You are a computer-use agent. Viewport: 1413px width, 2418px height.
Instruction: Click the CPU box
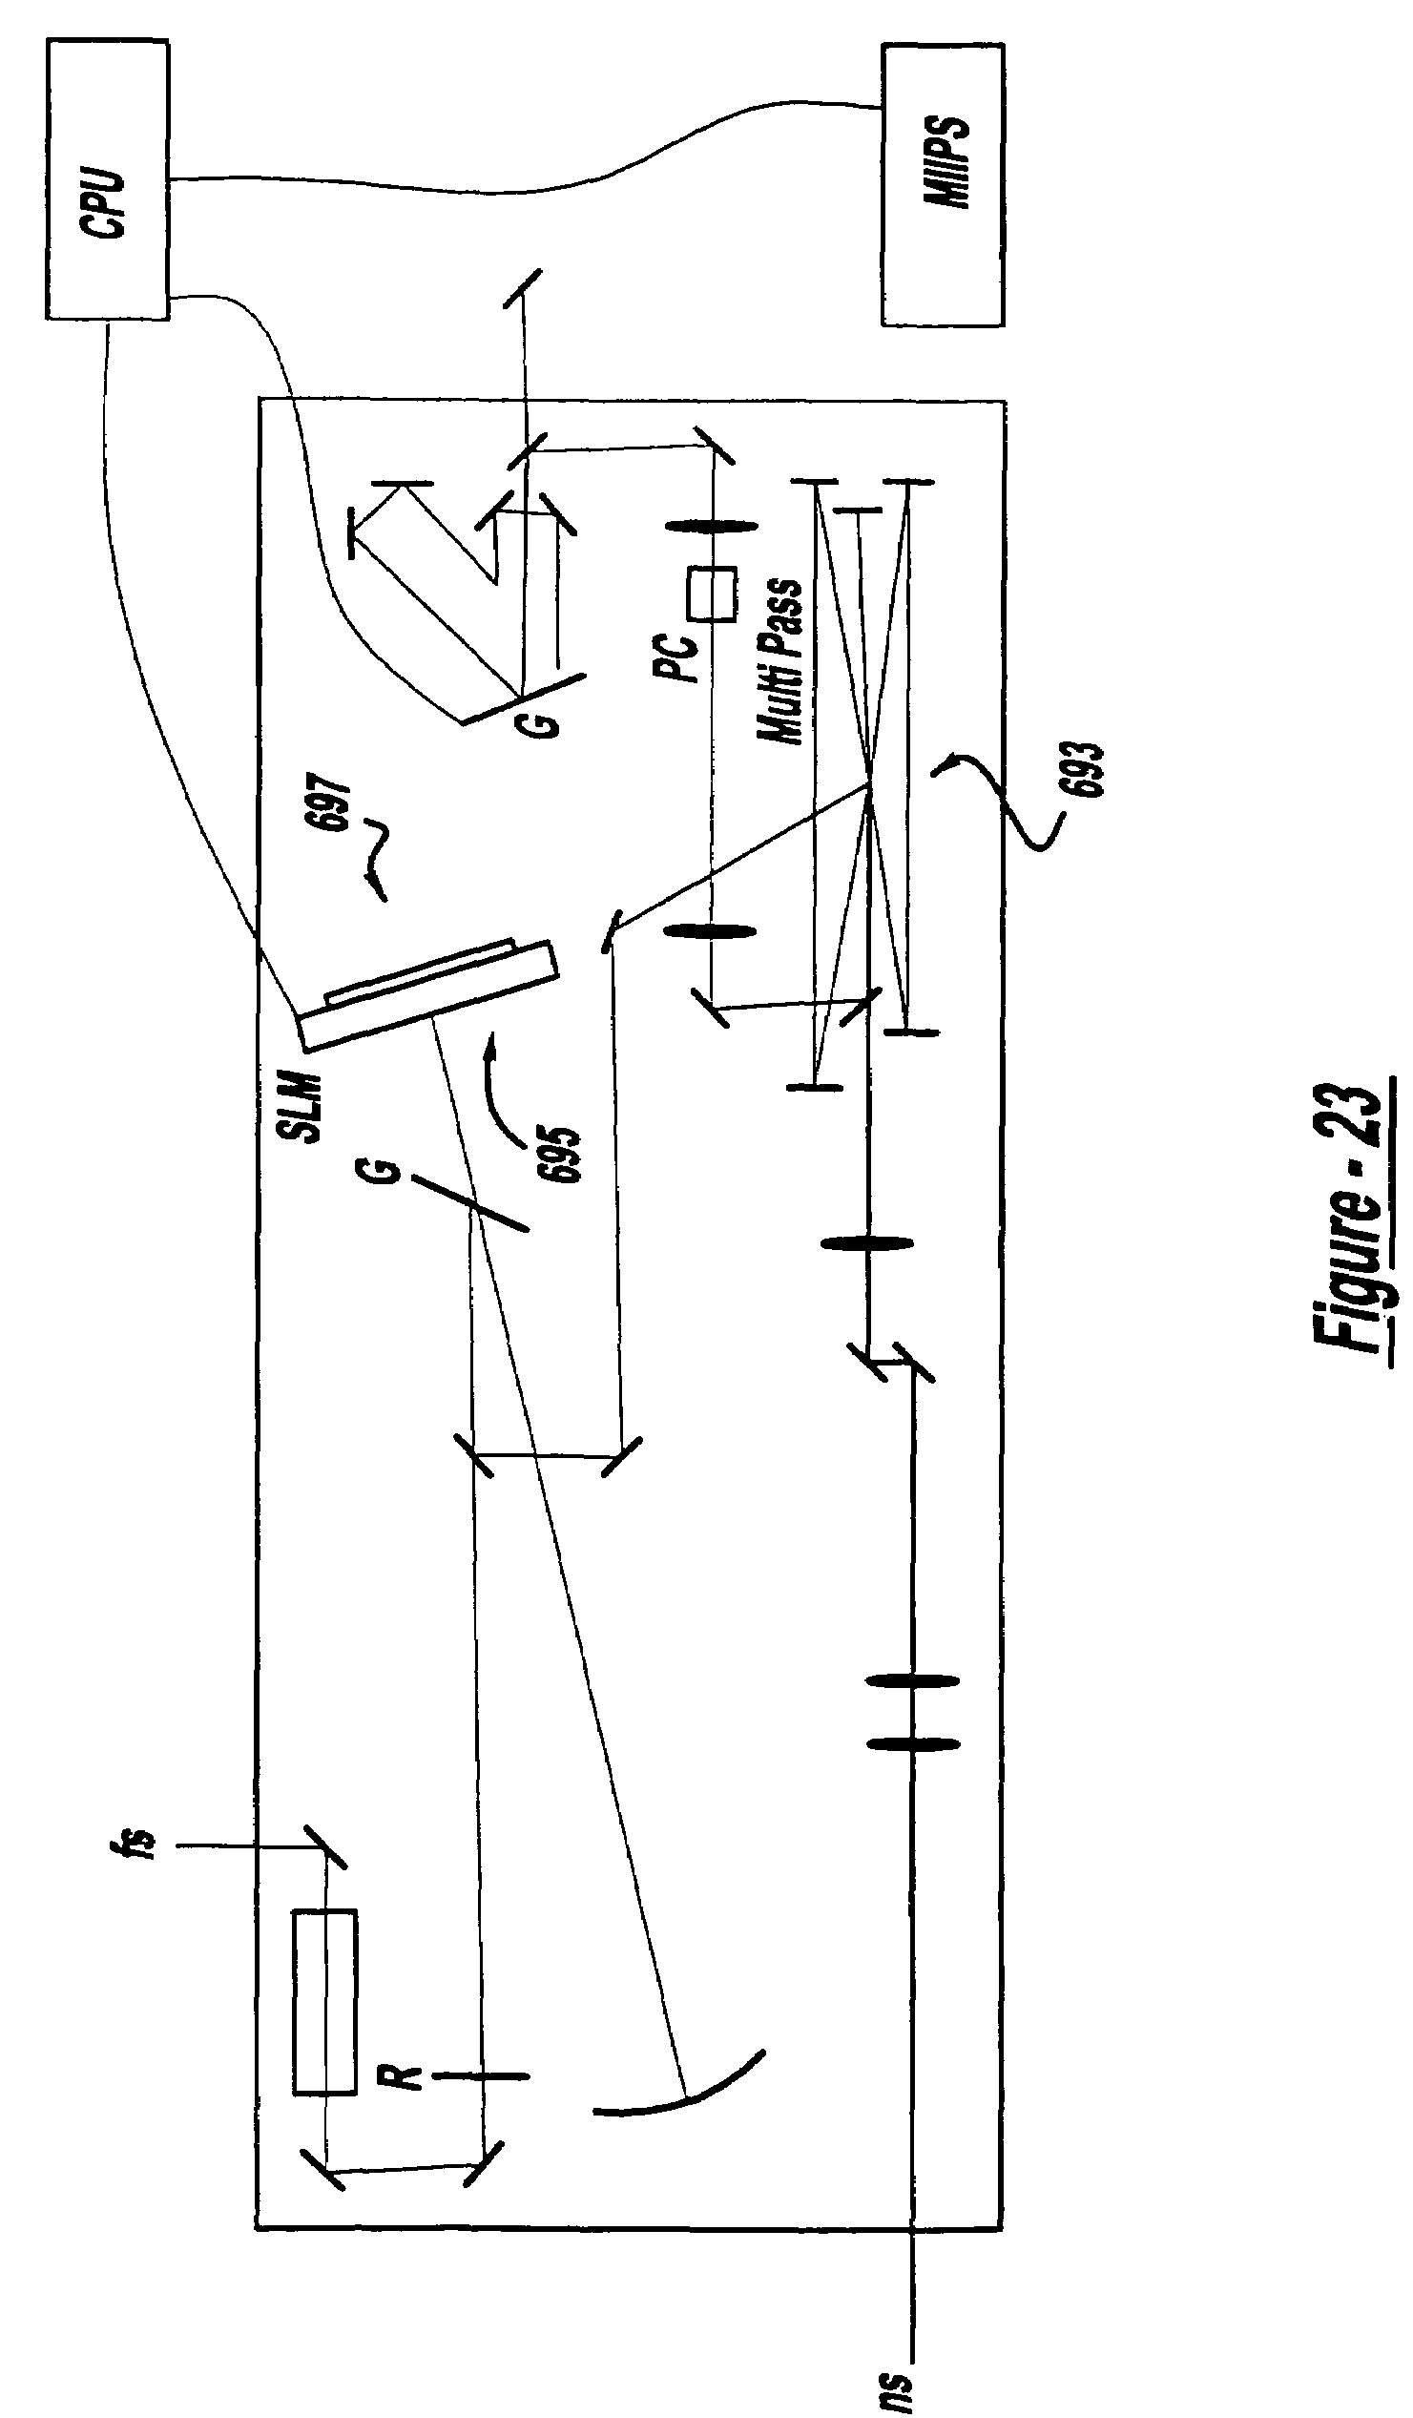[108, 179]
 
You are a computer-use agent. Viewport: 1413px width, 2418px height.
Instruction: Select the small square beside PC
[712, 594]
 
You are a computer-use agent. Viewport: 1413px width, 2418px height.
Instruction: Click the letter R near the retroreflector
[402, 2077]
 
